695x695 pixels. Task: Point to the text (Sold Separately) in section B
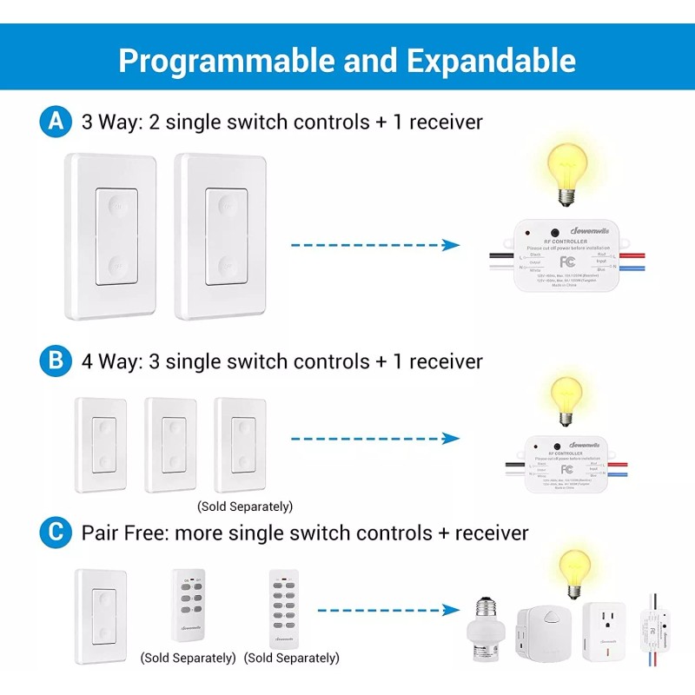245,506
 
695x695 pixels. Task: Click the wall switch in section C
102,613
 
